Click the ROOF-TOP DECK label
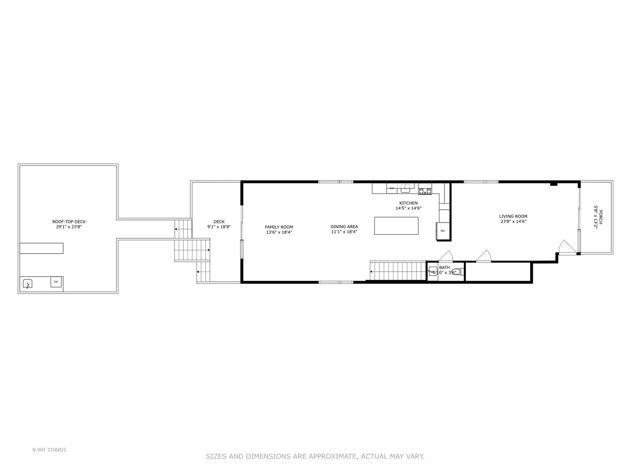coord(69,222)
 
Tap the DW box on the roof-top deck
coord(56,282)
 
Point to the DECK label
coord(219,222)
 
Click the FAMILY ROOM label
coord(279,227)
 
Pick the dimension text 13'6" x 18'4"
coord(279,233)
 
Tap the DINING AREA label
coord(344,226)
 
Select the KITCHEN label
coord(408,203)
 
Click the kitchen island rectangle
coord(396,226)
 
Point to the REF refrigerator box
coord(443,231)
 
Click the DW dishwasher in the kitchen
coord(392,188)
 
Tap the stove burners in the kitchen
coord(425,191)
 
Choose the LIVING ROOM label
coord(513,216)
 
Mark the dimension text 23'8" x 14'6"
coord(513,222)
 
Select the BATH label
coord(444,268)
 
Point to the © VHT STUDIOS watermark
coord(49,449)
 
